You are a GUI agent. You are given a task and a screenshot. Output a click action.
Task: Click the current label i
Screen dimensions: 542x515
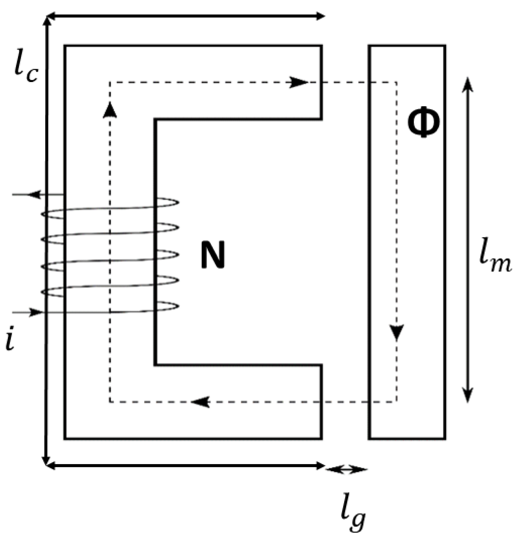tap(10, 340)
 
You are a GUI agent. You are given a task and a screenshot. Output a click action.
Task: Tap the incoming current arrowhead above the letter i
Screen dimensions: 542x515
tap(36, 312)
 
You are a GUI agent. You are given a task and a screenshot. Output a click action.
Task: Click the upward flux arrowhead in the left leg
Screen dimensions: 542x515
tap(110, 110)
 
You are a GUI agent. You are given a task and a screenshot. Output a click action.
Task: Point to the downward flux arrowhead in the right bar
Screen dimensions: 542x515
tap(397, 332)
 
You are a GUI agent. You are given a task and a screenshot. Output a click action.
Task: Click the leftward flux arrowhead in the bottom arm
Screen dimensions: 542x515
tap(201, 402)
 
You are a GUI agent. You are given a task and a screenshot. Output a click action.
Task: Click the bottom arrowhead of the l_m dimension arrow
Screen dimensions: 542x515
tap(468, 396)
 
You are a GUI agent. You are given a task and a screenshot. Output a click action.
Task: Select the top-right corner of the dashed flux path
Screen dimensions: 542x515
tap(397, 82)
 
